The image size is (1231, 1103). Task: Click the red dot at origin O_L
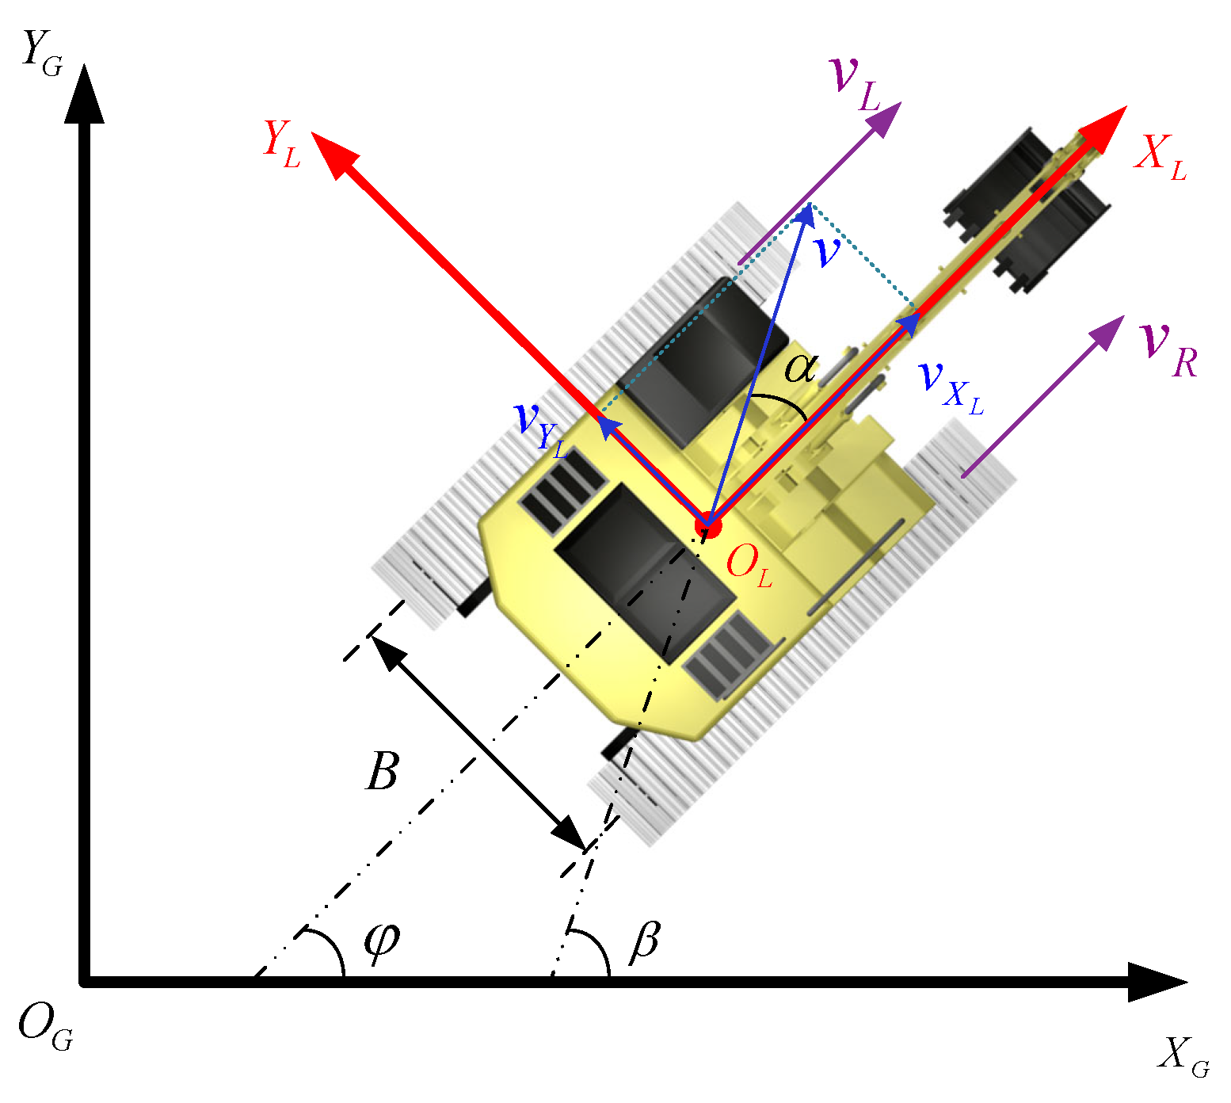tap(707, 524)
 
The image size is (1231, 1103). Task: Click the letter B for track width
tap(382, 771)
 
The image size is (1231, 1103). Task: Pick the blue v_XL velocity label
tap(950, 384)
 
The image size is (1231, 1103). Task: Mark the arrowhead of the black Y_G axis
tap(83, 91)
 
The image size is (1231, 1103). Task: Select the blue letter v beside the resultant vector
tap(826, 252)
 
